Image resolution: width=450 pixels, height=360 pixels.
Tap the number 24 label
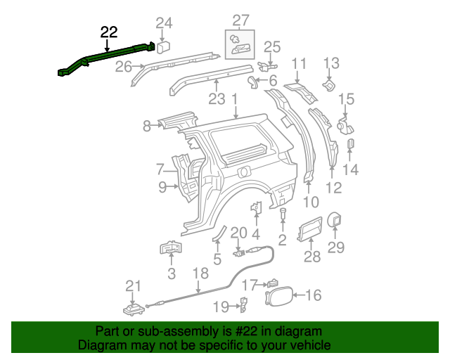(x=164, y=23)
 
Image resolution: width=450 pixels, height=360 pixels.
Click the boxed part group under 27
(x=240, y=44)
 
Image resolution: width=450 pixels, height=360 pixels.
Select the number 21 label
(x=133, y=285)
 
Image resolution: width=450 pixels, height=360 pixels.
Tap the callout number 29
(x=336, y=247)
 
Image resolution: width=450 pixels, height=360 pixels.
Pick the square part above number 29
(x=335, y=219)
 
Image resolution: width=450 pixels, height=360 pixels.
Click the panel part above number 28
(x=310, y=230)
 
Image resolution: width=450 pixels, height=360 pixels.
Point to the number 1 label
(x=233, y=101)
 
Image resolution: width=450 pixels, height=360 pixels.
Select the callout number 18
(x=200, y=274)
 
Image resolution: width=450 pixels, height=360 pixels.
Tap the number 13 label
(x=330, y=65)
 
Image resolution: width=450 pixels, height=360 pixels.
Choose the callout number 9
(x=162, y=187)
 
